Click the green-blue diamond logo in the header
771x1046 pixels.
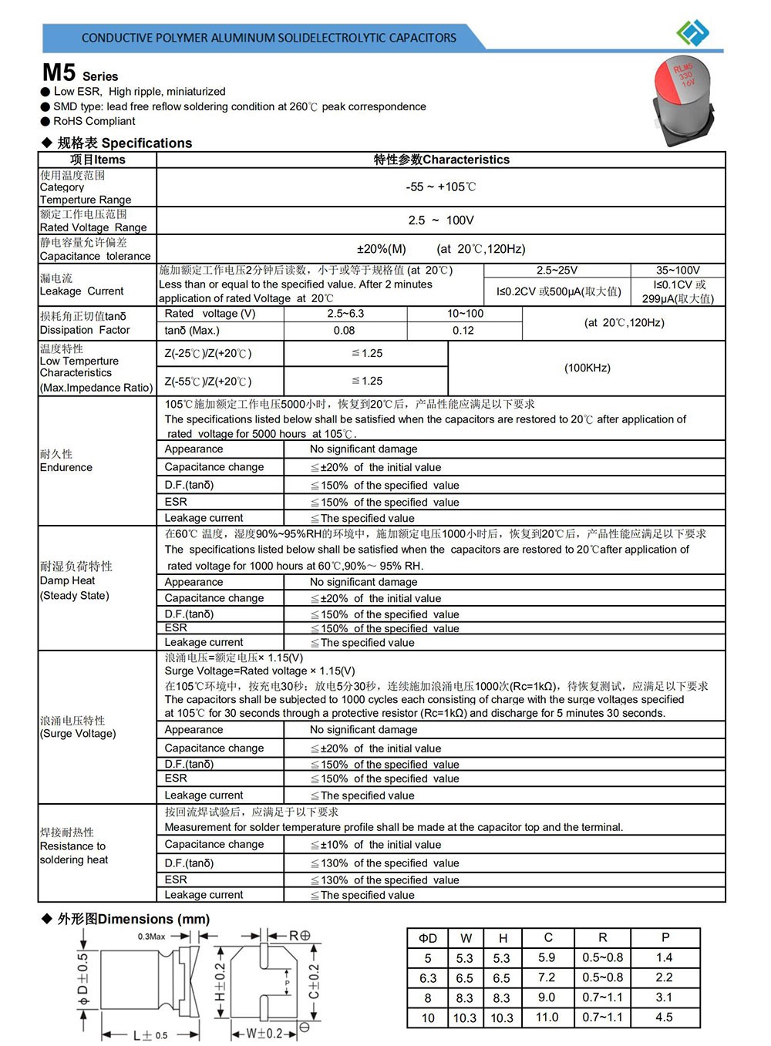[x=692, y=32]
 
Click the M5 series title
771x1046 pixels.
[x=80, y=73]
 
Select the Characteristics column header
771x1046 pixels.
[x=441, y=160]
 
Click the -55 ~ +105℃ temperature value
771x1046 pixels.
[x=441, y=187]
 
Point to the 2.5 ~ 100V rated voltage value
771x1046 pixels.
[x=441, y=220]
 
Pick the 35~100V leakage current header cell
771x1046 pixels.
[x=678, y=271]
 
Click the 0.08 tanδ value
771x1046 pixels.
[x=345, y=331]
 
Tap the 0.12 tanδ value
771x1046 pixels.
[x=463, y=331]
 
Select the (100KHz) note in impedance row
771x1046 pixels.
[x=587, y=368]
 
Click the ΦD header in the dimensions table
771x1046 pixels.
[x=428, y=938]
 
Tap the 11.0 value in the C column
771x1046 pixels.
[x=547, y=1017]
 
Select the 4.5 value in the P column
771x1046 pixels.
[x=664, y=1017]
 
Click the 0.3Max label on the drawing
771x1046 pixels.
[x=151, y=937]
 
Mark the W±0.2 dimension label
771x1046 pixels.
[x=264, y=1034]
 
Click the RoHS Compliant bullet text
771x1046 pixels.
[x=93, y=121]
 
